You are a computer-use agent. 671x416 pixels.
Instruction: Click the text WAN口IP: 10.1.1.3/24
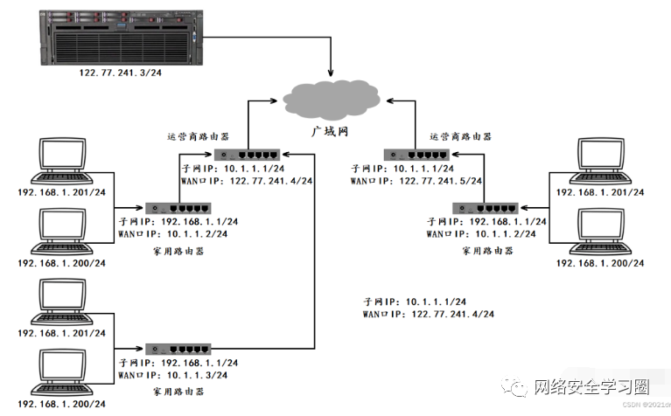(x=172, y=374)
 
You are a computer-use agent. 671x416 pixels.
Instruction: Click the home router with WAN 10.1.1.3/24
(x=178, y=349)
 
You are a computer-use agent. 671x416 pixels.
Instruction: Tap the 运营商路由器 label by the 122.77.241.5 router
(x=460, y=136)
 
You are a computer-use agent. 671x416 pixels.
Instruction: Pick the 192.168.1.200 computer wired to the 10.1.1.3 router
(x=61, y=371)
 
